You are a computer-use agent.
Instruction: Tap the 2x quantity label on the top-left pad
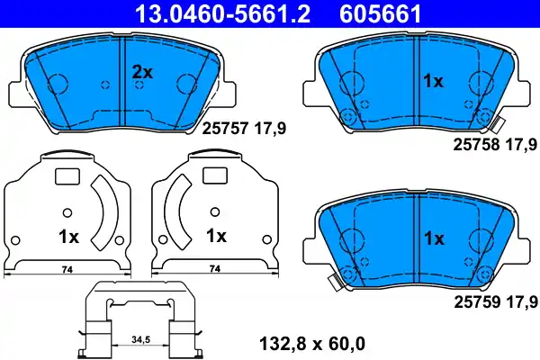pos(144,71)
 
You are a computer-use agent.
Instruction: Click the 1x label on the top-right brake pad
pos(434,81)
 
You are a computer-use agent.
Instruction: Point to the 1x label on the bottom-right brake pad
pos(434,239)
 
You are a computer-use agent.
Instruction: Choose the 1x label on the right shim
pos(215,238)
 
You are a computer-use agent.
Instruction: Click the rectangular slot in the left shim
pos(67,176)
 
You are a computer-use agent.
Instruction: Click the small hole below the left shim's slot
pos(67,213)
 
